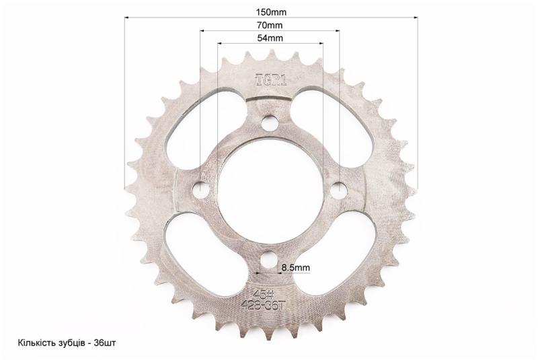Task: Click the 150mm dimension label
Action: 271,12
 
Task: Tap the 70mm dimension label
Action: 270,25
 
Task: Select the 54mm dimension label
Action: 270,38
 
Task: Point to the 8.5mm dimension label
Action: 295,268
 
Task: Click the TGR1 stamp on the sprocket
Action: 271,80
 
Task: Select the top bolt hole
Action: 270,122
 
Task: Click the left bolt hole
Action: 201,189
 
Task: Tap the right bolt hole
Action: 340,188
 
